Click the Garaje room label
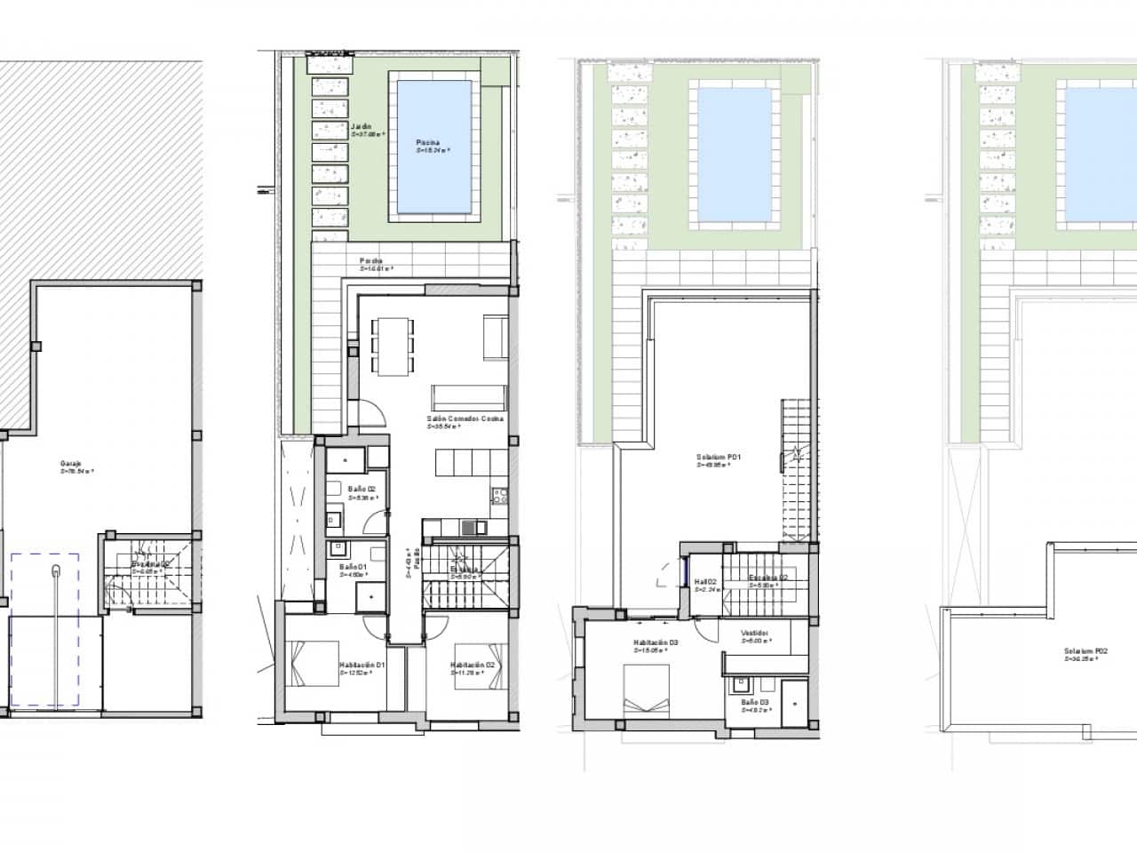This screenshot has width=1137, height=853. coord(71,464)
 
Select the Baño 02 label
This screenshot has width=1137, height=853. coord(349,489)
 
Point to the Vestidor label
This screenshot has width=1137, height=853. coord(755,634)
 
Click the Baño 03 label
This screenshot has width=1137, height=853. coord(755,702)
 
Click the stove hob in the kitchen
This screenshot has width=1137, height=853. coord(500,497)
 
